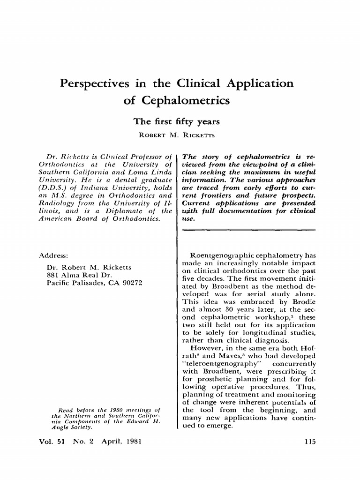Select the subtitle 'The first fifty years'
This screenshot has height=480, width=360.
coord(176,122)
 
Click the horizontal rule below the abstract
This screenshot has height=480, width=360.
coord(249,230)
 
